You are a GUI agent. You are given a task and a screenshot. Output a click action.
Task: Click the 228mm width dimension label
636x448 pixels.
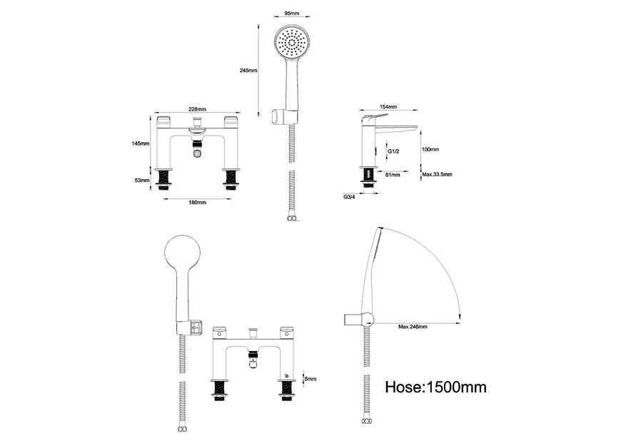pos(198,109)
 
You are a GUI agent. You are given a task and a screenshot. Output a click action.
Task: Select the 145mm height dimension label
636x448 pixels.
pos(141,143)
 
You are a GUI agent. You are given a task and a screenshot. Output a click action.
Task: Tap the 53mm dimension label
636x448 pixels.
pos(143,180)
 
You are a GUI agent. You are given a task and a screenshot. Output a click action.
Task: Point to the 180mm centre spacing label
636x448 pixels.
pos(197,203)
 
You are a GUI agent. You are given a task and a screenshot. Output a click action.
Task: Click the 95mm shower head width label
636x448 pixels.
pos(291,13)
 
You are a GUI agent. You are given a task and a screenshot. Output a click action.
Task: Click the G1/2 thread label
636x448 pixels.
pos(393,152)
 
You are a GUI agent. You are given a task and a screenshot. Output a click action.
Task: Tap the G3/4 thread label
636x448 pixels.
pos(350,196)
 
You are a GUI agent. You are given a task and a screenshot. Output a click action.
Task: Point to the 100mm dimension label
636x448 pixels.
pos(430,150)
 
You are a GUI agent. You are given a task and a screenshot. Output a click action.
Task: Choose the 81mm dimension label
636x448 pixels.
pos(392,175)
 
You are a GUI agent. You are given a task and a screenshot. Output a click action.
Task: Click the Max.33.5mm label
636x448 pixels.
pos(437,175)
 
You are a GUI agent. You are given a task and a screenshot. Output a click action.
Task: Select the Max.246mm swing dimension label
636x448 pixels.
pos(413,327)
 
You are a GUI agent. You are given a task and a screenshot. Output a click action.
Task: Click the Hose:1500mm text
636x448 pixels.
pos(435,387)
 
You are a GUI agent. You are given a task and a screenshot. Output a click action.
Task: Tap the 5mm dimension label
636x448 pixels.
pos(310,379)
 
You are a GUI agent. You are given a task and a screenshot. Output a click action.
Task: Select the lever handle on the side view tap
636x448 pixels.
pos(375,115)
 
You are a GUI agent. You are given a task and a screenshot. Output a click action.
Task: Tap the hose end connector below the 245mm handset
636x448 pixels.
pos(291,219)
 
